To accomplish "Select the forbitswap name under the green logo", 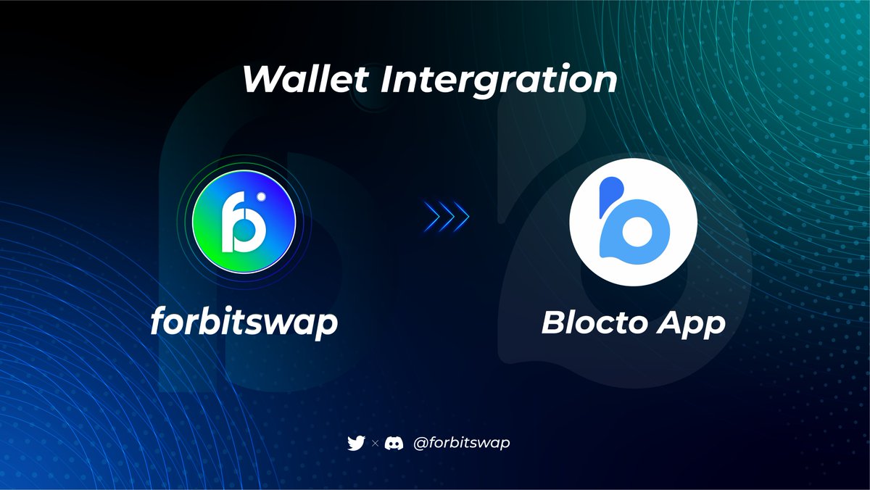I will [244, 322].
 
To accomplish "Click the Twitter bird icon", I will [356, 442].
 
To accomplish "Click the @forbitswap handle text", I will [461, 442].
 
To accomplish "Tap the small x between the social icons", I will [375, 443].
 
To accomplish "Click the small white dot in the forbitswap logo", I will [269, 196].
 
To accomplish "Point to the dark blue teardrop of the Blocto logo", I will [610, 191].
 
